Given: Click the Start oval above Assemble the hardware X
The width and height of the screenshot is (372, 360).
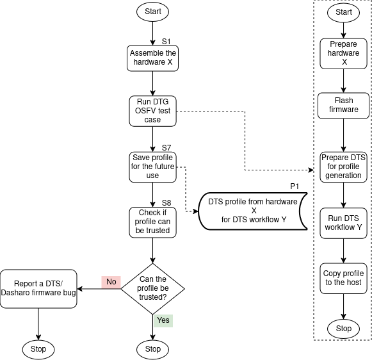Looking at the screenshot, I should click(152, 12).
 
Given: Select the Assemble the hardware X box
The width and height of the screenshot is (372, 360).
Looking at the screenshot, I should click(152, 58).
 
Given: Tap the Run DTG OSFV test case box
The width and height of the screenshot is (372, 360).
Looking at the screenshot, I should click(152, 111).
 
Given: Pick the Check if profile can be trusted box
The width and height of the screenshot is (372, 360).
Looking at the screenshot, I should click(152, 222).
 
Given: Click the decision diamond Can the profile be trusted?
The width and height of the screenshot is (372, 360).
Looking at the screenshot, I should click(152, 288).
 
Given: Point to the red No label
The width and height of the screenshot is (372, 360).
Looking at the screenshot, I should click(111, 281).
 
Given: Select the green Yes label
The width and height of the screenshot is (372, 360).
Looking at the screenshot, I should click(163, 320).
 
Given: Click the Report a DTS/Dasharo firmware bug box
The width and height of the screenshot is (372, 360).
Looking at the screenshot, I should click(38, 288).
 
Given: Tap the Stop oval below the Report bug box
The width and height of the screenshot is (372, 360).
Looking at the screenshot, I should click(38, 349).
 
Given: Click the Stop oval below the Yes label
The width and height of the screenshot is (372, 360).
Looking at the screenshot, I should click(152, 349).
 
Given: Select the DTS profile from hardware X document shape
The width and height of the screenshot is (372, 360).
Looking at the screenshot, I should click(253, 211).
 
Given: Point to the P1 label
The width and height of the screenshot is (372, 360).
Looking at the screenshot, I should click(295, 186).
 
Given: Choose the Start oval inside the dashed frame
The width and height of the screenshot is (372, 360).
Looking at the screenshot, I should click(344, 12).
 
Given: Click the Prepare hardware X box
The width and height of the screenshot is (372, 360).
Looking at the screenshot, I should click(344, 53).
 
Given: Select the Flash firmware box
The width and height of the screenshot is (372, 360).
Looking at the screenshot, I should click(344, 105).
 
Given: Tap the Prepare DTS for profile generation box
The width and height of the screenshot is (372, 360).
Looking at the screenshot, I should click(344, 167).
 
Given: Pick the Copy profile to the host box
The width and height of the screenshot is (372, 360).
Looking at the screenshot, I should click(344, 278).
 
